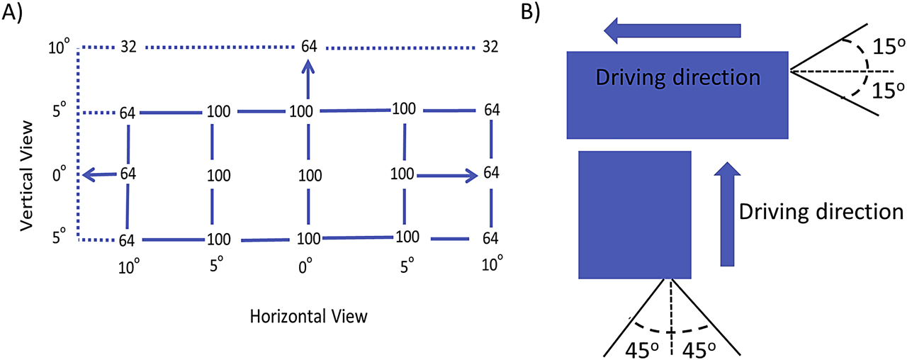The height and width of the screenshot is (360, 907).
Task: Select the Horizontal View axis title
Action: [x=309, y=315]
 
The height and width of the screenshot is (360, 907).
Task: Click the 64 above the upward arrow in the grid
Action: [x=309, y=47]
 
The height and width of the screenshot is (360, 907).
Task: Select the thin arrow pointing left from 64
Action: [x=99, y=174]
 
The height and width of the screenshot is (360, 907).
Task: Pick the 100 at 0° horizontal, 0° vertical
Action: [x=308, y=175]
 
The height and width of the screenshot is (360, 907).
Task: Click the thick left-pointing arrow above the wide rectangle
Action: [x=672, y=30]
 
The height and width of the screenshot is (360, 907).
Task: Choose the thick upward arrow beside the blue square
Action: [x=727, y=213]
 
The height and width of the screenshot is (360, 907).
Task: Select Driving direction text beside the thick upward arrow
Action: [x=821, y=211]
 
